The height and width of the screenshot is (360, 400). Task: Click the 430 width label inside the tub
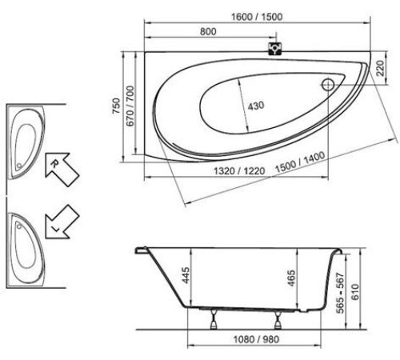[x=254, y=106]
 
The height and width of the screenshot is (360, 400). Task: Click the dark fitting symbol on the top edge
[x=276, y=47]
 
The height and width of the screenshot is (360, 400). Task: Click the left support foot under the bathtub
[x=215, y=320]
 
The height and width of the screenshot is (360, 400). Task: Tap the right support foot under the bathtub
[x=277, y=320]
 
